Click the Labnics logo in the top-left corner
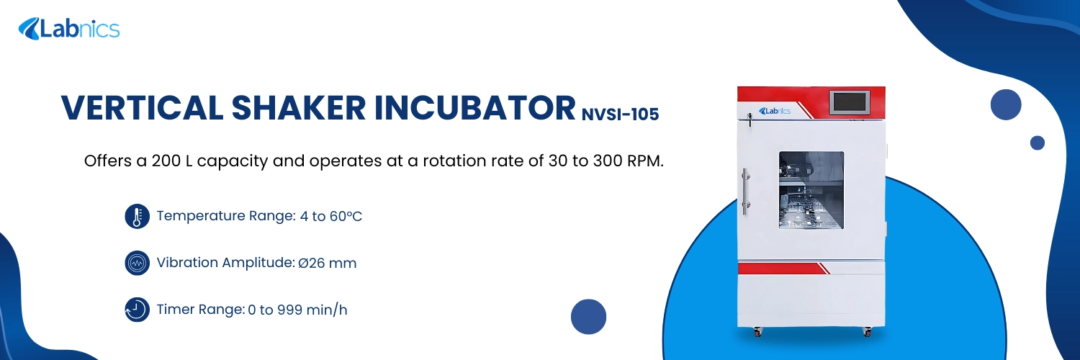pyautogui.click(x=68, y=29)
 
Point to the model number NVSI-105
pyautogui.click(x=620, y=114)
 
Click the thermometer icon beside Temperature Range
pyautogui.click(x=137, y=216)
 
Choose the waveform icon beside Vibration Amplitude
pyautogui.click(x=137, y=263)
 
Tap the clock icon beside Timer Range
pyautogui.click(x=137, y=310)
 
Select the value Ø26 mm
pyautogui.click(x=328, y=263)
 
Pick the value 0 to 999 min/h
pyautogui.click(x=297, y=310)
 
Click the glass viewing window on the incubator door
pyautogui.click(x=811, y=189)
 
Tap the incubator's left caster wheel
pyautogui.click(x=756, y=332)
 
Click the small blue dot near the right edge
pyautogui.click(x=1037, y=143)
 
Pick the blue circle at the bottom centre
pyautogui.click(x=588, y=317)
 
